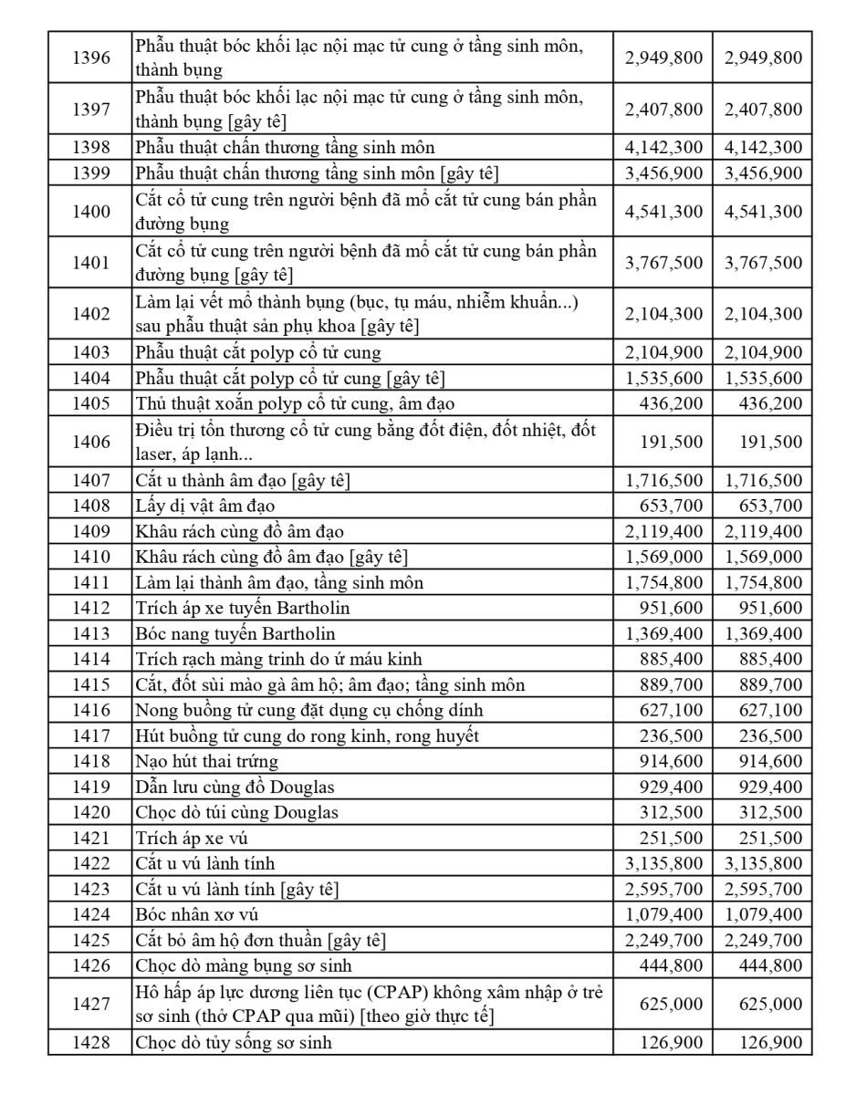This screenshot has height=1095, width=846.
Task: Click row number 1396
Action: point(90,57)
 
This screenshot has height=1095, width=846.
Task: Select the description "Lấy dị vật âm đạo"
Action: point(204,506)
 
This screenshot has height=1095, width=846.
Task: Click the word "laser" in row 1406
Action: point(156,454)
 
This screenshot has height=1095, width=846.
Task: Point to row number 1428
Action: point(90,1042)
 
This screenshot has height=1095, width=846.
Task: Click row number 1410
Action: point(90,557)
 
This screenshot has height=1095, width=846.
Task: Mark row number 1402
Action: point(90,314)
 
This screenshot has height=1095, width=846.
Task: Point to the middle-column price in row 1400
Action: point(664,212)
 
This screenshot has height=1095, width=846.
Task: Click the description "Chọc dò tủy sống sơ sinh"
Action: point(234,1042)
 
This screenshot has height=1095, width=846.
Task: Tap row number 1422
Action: point(90,863)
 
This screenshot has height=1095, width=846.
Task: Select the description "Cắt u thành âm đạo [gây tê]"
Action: point(243,480)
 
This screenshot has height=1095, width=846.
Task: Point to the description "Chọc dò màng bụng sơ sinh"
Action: point(244,965)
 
